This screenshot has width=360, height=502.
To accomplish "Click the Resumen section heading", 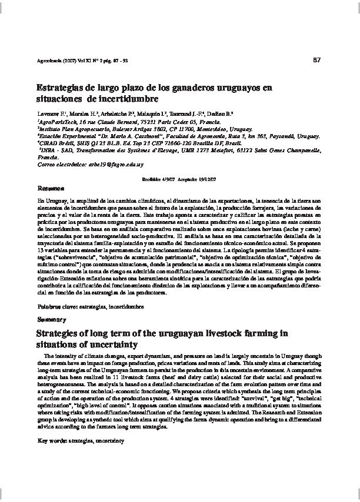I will coord(49,190).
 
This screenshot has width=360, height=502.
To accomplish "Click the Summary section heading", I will coord(49,320).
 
